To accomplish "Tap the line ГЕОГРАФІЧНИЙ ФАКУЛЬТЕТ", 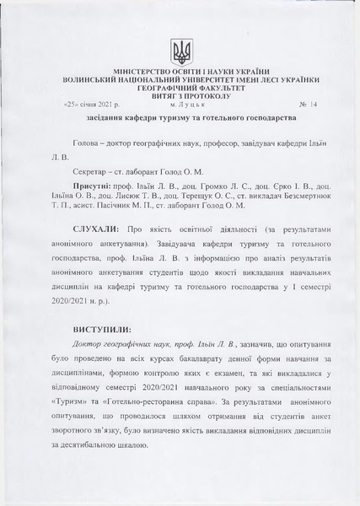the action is point(180,88).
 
